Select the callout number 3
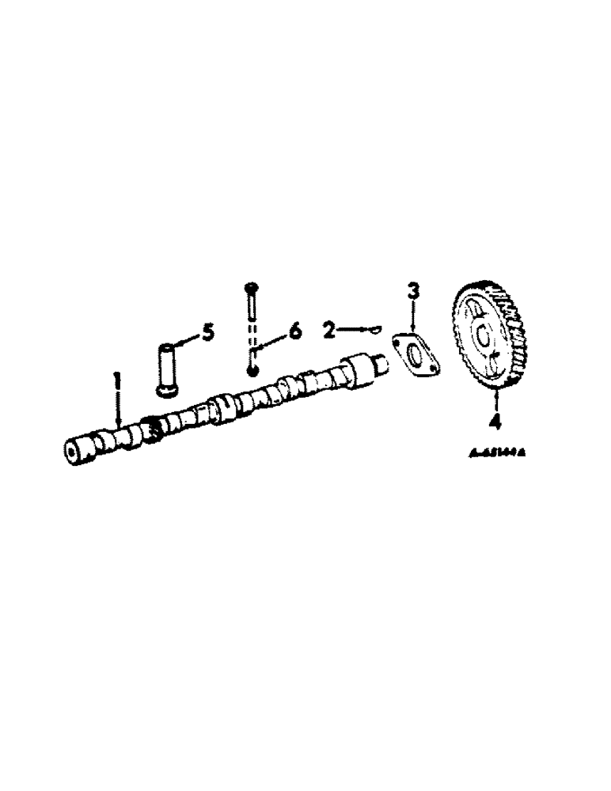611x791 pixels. (x=413, y=291)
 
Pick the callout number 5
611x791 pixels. (x=207, y=331)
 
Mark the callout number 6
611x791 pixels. (x=295, y=330)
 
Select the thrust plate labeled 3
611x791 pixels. (x=415, y=357)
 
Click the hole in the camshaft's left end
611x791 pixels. (x=74, y=453)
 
